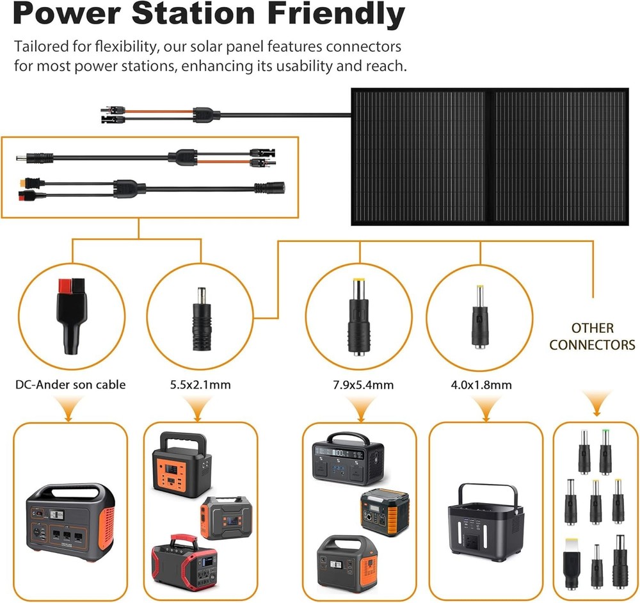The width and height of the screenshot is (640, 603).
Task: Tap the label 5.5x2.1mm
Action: [201, 385]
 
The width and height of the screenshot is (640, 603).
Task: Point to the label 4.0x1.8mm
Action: [477, 385]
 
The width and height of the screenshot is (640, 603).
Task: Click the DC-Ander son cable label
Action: [70, 385]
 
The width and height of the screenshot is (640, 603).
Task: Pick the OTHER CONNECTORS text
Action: [592, 337]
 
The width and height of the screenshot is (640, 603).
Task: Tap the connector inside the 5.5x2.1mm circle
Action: [201, 314]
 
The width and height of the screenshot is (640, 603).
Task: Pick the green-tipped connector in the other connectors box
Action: [604, 451]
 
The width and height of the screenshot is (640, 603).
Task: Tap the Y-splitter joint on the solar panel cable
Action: [208, 115]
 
